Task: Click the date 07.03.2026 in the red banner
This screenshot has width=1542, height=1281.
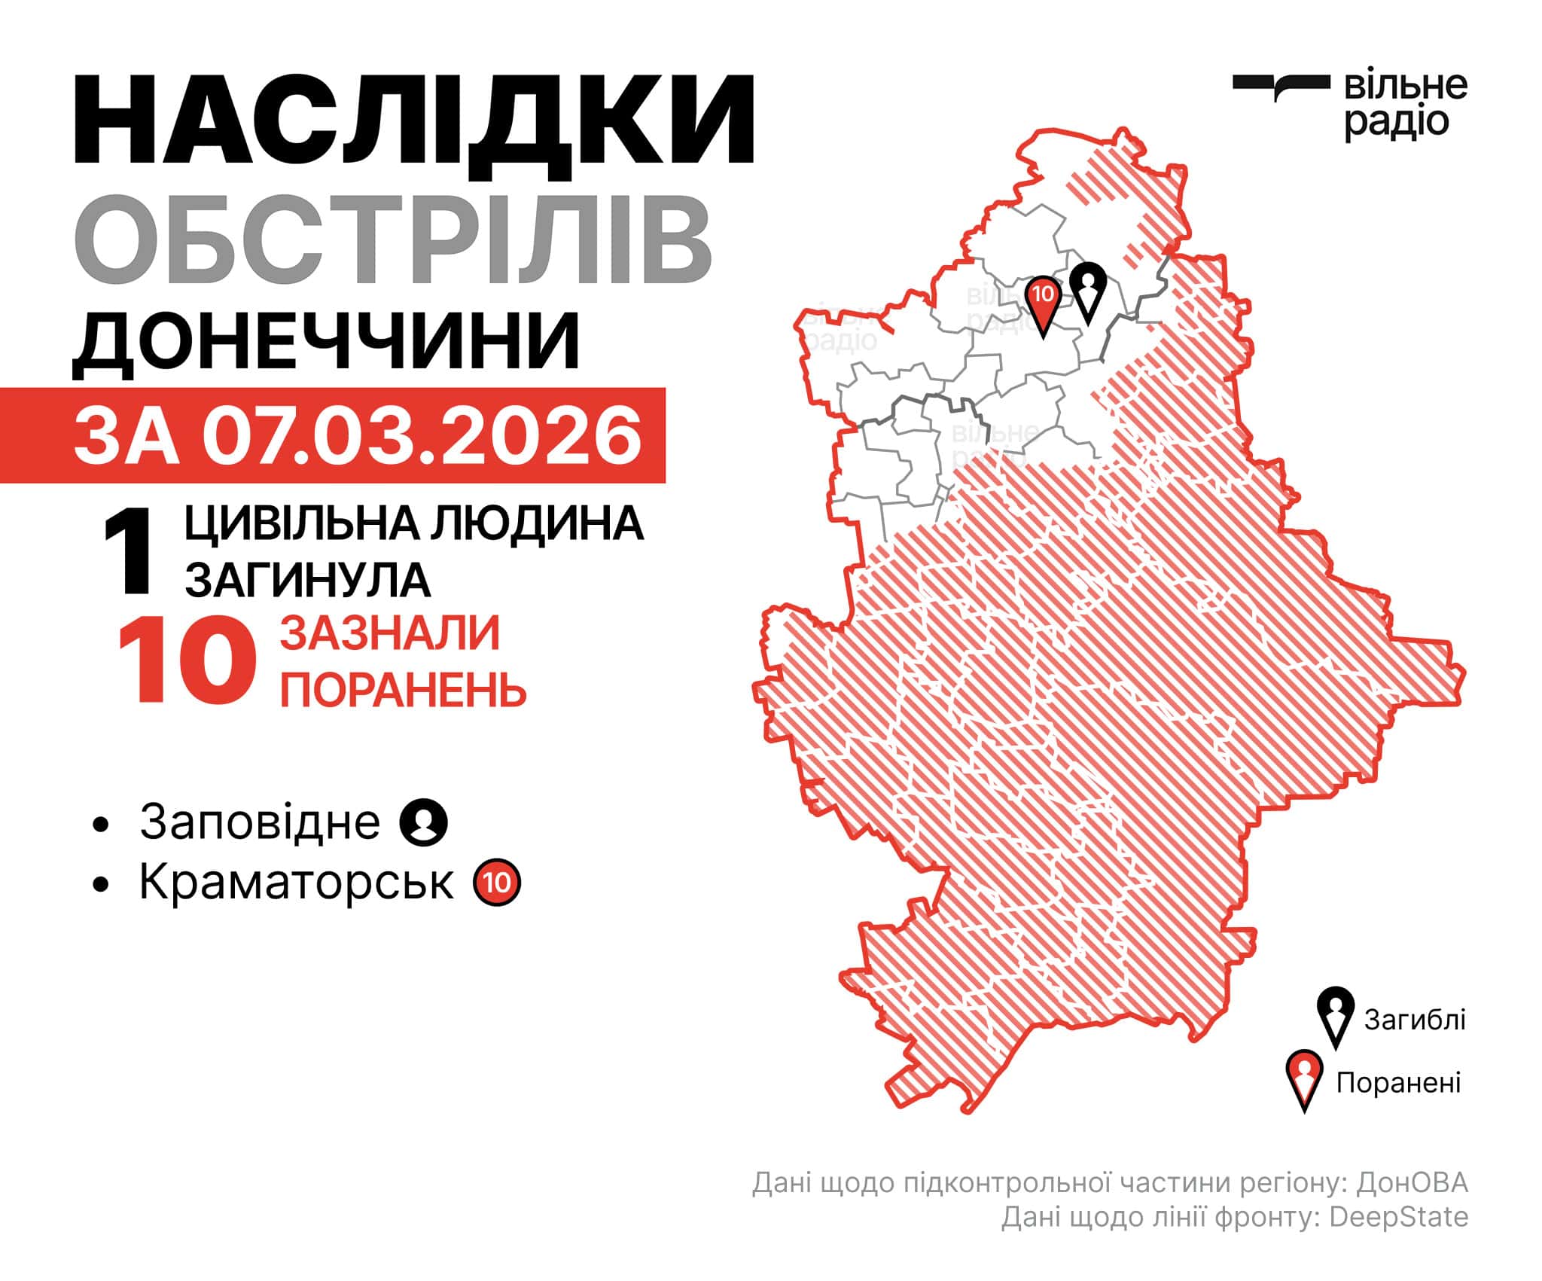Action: [x=422, y=436]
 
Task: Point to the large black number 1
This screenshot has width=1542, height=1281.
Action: [x=129, y=551]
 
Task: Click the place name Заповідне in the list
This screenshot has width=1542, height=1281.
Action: [x=260, y=822]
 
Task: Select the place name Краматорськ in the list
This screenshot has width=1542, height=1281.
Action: [x=297, y=881]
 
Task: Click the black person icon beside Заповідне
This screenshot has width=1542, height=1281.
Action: [x=424, y=822]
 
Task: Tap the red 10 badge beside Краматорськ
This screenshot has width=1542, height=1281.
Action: [x=497, y=882]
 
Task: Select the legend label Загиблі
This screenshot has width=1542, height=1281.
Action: [x=1415, y=1020]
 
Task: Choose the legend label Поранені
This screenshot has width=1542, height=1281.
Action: [x=1398, y=1083]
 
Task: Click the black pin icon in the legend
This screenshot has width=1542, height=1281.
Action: [x=1336, y=1014]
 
